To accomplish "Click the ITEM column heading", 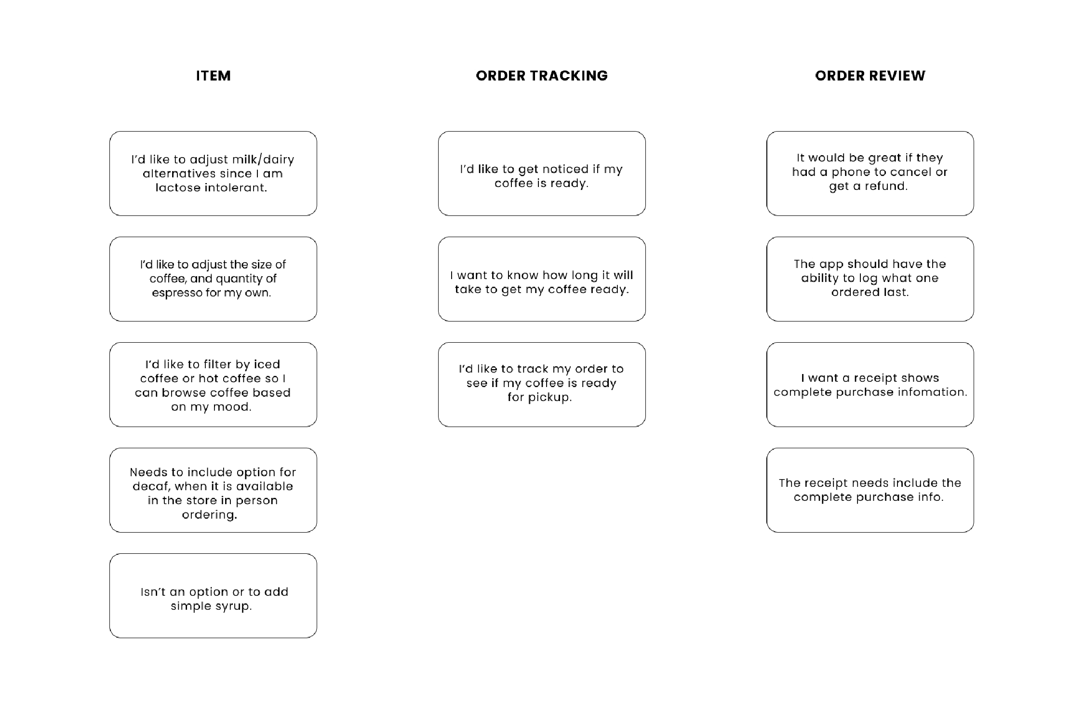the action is [x=213, y=76].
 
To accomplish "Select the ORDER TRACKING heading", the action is [x=542, y=76].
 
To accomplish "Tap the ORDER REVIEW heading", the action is [x=870, y=76].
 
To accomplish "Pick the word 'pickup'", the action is [x=550, y=398].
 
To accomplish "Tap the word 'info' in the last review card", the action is [x=930, y=497].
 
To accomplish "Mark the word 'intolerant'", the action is [x=236, y=188].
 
